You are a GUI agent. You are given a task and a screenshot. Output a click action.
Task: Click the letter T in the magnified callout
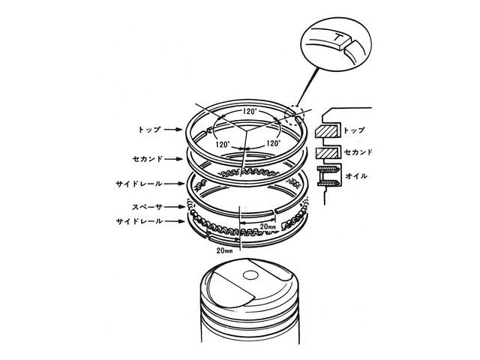337,38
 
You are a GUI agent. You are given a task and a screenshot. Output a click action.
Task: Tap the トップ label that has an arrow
149,130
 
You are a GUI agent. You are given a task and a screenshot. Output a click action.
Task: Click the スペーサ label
147,207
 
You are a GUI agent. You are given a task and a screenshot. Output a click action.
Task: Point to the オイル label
356,176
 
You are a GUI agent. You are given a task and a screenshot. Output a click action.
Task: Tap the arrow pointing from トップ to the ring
173,130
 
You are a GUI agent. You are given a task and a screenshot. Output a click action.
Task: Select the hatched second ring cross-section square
327,153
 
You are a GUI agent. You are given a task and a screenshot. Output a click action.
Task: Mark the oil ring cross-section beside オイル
328,176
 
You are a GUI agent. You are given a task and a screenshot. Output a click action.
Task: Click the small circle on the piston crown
250,275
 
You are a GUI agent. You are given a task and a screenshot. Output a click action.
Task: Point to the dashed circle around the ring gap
294,115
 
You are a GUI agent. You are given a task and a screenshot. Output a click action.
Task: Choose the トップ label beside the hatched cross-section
355,130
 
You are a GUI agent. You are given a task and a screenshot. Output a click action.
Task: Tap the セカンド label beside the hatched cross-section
358,151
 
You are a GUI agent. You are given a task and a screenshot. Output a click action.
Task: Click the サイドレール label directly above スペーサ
139,184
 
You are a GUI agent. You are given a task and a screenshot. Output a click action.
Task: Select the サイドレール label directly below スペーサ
139,221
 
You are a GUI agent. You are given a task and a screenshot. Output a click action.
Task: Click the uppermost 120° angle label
249,112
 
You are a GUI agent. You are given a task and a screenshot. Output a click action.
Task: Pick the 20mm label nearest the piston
225,250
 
